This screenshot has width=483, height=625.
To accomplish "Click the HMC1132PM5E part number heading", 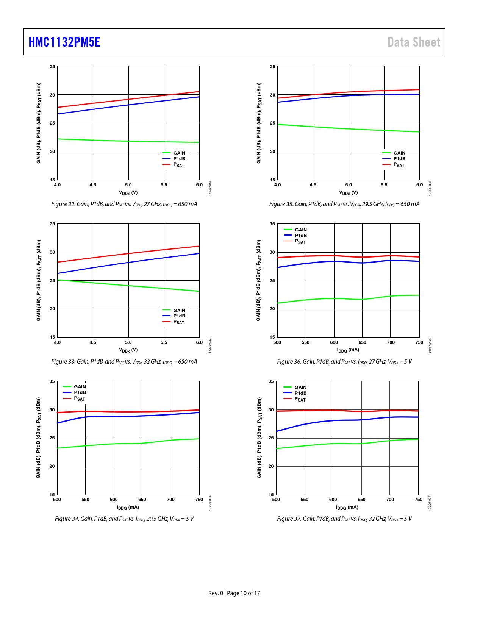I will [x=64, y=42].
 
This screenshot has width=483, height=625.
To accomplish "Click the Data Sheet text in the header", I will [x=414, y=42].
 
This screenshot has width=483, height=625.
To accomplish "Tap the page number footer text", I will [x=234, y=593].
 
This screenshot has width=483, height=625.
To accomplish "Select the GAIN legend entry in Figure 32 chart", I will [x=179, y=153].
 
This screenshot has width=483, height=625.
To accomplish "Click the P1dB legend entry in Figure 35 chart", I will [x=399, y=159].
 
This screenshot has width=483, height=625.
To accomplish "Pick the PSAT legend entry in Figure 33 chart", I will [x=178, y=322].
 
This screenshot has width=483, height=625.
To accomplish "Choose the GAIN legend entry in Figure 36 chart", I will [x=301, y=230].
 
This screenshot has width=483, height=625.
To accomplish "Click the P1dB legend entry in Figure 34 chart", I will [x=80, y=392].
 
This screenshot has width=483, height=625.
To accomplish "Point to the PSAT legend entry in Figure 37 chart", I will [x=300, y=399].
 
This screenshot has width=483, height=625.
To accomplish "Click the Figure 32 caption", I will [x=124, y=204].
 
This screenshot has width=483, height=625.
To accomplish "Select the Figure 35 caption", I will [x=344, y=204].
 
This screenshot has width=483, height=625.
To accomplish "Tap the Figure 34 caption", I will [x=124, y=519].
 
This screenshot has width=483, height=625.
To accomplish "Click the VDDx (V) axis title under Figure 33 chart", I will [x=128, y=350].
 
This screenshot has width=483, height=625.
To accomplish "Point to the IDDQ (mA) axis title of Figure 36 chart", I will [x=348, y=350].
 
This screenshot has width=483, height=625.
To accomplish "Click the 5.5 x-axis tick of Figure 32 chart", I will [x=164, y=185].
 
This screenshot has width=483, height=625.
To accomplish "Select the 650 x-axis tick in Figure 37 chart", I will [x=361, y=500].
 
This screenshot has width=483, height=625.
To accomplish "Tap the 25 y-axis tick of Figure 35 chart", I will [x=273, y=123].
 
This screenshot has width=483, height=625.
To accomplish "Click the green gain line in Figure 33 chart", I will [x=129, y=286].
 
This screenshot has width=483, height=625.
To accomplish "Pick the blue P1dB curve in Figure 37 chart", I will [x=333, y=420].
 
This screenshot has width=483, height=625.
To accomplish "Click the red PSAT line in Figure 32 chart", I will [x=129, y=99].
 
